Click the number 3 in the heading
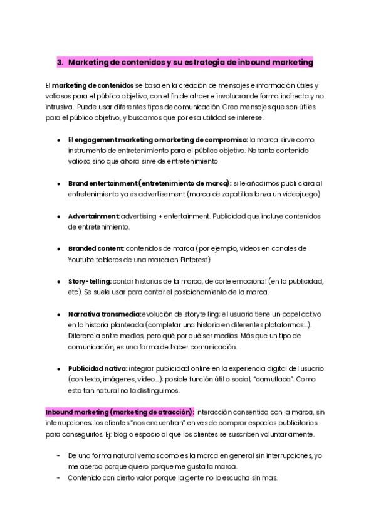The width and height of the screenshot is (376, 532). (x=60, y=62)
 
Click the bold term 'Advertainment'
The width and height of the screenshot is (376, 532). (x=93, y=216)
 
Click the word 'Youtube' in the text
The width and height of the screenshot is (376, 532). (x=81, y=259)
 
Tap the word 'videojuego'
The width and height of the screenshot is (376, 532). (x=300, y=194)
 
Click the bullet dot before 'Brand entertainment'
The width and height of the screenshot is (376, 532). (x=58, y=183)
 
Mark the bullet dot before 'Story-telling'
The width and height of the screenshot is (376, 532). (x=58, y=281)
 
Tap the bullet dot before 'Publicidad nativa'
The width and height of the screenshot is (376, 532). (x=58, y=368)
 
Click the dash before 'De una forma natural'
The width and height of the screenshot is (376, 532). (x=58, y=456)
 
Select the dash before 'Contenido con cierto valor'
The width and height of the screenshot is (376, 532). (x=58, y=478)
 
